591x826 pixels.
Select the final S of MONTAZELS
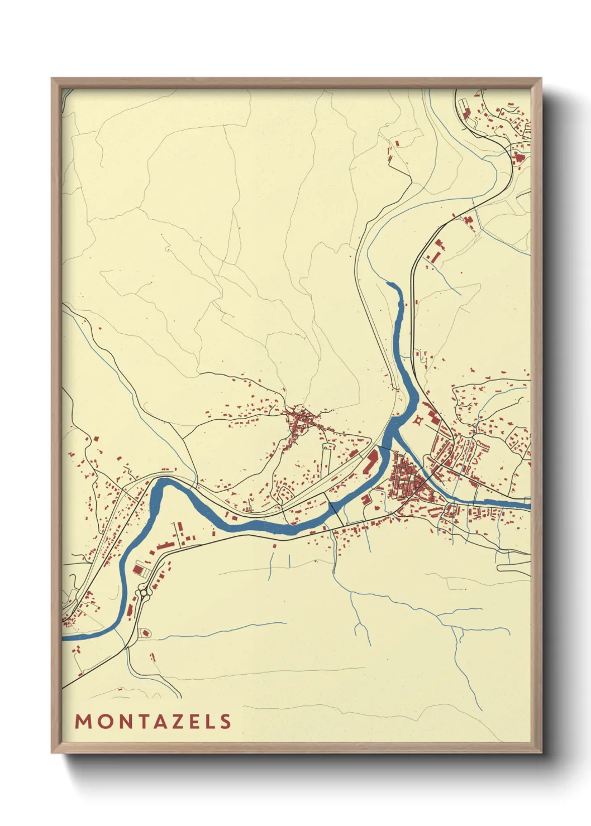pyautogui.click(x=226, y=722)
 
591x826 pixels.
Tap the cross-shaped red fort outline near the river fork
pyautogui.click(x=418, y=419)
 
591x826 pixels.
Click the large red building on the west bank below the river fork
pyautogui.click(x=371, y=462)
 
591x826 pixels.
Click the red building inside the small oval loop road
pyautogui.click(x=147, y=633)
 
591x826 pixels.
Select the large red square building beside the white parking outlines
pyautogui.click(x=138, y=569)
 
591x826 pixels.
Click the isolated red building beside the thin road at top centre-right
pyautogui.click(x=398, y=143)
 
